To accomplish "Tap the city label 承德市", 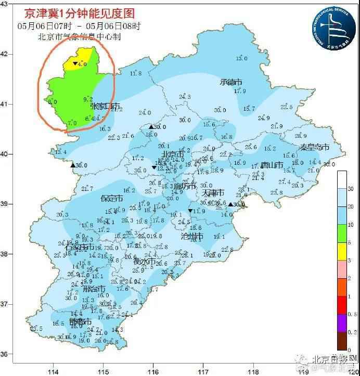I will [x=231, y=82].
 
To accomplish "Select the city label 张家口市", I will [x=105, y=106].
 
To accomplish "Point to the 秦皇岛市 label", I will [x=314, y=147].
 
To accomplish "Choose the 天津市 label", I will [x=213, y=193].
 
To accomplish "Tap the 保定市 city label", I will [x=112, y=199].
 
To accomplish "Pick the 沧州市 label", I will [x=192, y=237].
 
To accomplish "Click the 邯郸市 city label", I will [x=81, y=322].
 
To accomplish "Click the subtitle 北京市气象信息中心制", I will [x=79, y=36].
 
